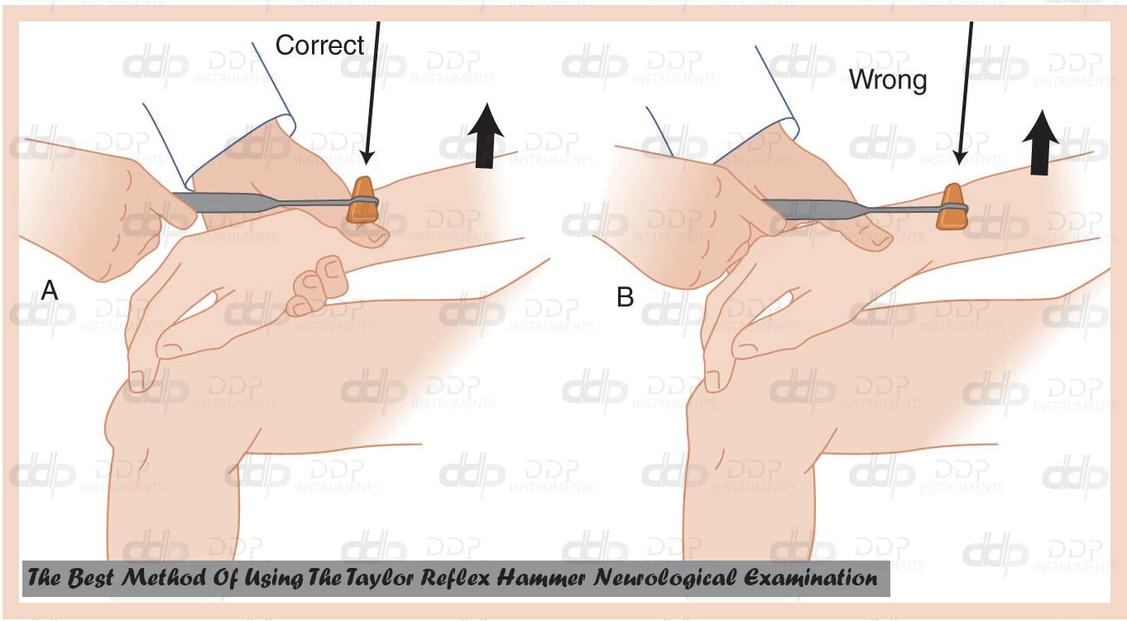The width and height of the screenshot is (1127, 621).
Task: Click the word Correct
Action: coord(319,46)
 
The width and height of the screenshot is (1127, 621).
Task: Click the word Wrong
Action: coord(888,79)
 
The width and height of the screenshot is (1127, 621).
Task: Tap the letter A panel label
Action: coord(50,290)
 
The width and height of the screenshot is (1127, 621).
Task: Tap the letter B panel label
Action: coord(625,296)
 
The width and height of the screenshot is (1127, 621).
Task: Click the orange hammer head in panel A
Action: coord(362,200)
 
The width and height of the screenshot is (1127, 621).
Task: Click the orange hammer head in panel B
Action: coord(951,206)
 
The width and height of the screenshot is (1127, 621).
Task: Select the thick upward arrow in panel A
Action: coord(486,136)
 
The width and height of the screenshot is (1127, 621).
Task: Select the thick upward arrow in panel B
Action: coord(1040,142)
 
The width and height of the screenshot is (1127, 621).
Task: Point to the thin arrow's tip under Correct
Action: coord(367,164)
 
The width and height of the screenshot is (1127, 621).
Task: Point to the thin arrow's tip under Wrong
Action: coord(960,164)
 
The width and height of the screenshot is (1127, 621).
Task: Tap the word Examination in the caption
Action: coord(810,577)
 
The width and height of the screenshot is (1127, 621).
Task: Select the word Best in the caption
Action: coord(90,577)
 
